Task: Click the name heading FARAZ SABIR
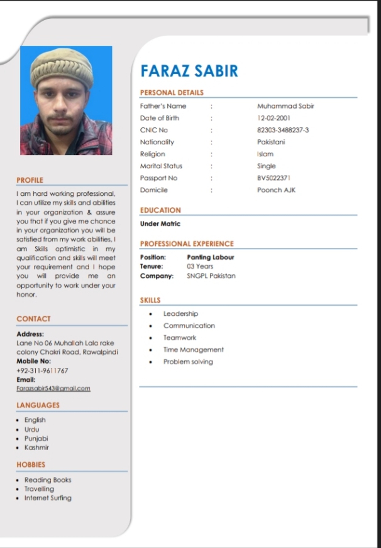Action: click(189, 70)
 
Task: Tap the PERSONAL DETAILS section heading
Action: click(172, 93)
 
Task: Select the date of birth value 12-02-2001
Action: click(273, 118)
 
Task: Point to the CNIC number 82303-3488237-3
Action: click(283, 130)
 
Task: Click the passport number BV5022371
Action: click(274, 178)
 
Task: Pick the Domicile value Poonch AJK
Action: click(276, 190)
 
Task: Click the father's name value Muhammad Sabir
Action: click(285, 106)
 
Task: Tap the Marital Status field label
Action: click(161, 166)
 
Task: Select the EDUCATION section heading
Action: click(160, 210)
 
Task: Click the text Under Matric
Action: click(160, 223)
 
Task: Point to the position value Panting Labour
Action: click(210, 257)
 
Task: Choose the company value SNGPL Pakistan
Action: click(211, 276)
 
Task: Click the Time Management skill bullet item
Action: click(194, 350)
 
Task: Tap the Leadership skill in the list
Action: click(180, 314)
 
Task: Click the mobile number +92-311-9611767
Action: click(42, 370)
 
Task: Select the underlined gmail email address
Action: click(53, 389)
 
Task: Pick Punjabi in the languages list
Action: click(36, 438)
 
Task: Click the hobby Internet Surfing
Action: click(48, 498)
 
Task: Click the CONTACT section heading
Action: click(33, 319)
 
